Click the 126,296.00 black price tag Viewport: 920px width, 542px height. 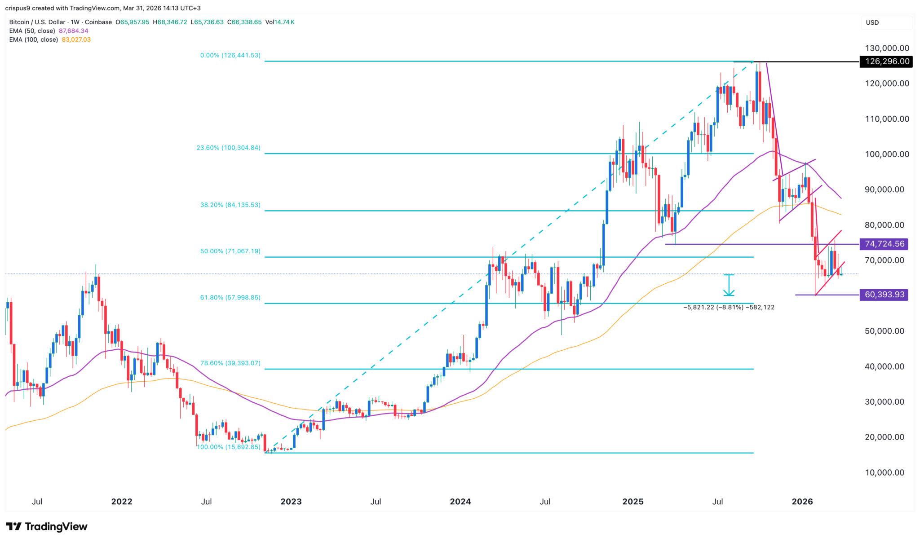(x=885, y=62)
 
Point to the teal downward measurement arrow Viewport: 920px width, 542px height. (x=729, y=285)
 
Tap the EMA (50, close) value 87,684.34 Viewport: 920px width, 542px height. (x=73, y=31)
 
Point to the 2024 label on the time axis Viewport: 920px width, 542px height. (x=460, y=502)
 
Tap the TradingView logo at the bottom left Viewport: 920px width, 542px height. (x=46, y=526)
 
